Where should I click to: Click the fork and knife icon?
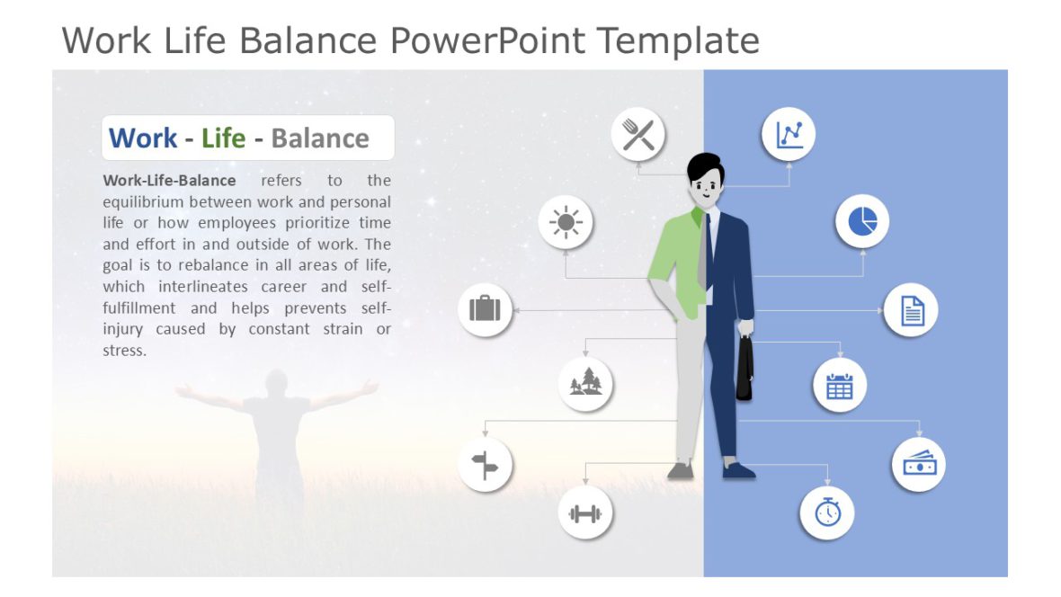point(638,135)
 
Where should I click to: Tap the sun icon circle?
point(565,221)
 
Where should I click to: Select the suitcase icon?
point(485,310)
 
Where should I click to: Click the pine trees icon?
point(585,383)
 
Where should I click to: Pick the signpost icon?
point(485,465)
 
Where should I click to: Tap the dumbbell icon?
point(585,513)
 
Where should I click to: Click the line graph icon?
point(789,135)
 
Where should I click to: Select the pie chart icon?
point(861,221)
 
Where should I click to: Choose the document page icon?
point(911,310)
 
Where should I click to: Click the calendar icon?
point(839,386)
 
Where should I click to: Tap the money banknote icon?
point(918,465)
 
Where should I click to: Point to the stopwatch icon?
point(826,512)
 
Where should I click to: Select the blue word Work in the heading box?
point(142,138)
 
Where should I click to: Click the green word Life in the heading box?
point(223,138)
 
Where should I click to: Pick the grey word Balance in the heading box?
point(319,138)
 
